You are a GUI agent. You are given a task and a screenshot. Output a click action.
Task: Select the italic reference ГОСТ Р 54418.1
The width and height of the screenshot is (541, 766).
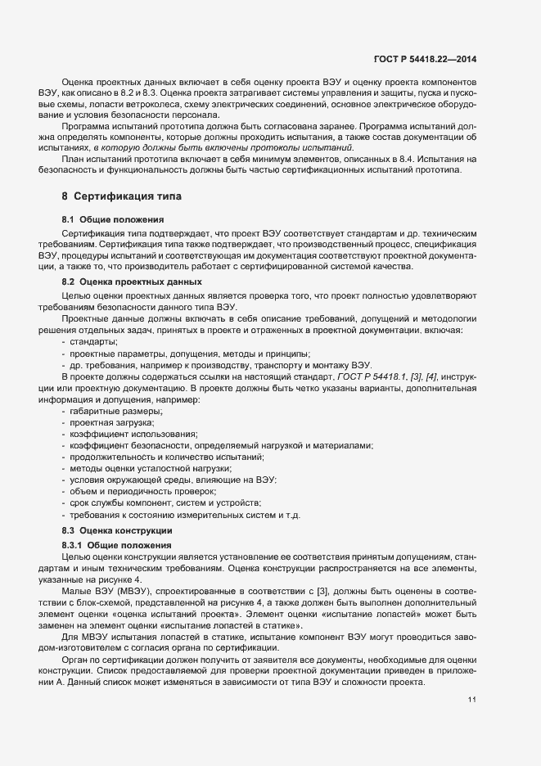(x=366, y=376)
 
